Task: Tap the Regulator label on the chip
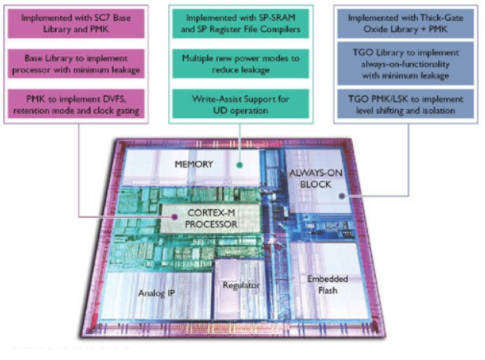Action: tap(238, 285)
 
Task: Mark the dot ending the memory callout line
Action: tap(241, 164)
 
